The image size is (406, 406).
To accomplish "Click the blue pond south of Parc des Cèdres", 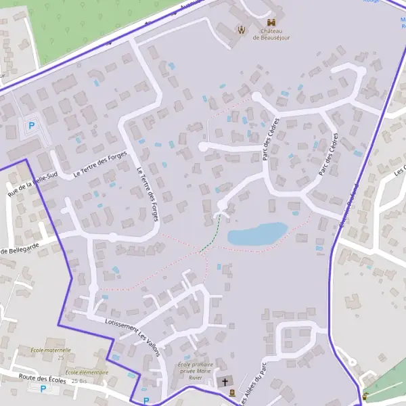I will [256, 234].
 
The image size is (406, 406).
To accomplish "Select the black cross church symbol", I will [225, 382].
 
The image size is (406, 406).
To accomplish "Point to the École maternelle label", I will [51, 350].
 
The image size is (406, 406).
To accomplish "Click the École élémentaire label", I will [87, 373].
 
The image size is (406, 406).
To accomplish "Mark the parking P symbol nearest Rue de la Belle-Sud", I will [30, 126].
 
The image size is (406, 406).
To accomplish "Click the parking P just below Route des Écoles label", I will [43, 389].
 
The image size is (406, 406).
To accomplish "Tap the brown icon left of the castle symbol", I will [241, 28].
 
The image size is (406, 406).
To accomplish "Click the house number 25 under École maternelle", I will [60, 357].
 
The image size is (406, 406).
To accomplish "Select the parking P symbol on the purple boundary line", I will [145, 401].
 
